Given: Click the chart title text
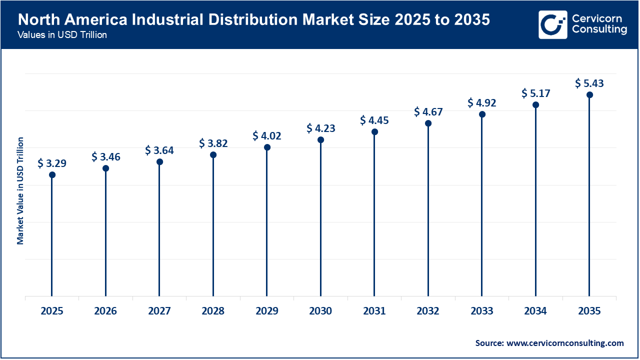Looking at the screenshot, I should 254,20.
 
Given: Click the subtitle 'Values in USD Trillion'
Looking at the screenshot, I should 62,35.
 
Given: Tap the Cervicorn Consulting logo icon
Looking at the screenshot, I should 552,24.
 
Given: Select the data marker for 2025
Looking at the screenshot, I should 52,174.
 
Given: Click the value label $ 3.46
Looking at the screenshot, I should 106,157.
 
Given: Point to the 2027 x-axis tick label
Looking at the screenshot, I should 159,311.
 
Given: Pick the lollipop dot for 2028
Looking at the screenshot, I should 213,154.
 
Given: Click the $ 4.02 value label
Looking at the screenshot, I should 267,135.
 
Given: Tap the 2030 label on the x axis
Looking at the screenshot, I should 320,311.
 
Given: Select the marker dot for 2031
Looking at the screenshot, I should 374,131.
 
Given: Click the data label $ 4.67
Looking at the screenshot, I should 428,112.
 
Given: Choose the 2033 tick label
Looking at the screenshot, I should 481,311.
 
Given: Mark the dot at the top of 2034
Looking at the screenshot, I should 535,104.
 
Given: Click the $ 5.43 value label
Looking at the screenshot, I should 589,83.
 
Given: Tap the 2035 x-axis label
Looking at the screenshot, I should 589,311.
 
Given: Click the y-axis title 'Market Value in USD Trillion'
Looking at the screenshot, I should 20,190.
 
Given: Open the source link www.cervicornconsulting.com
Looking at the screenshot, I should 565,343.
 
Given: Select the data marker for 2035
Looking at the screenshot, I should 589,94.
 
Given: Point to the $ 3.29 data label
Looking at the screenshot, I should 52,163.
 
